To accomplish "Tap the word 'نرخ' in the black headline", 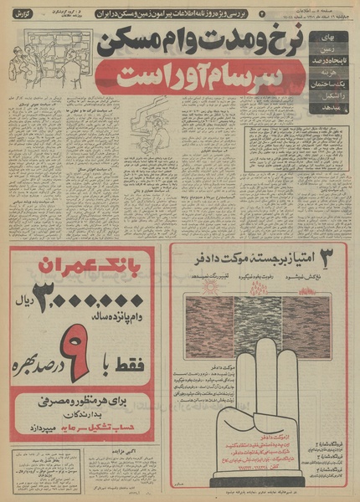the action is click(277, 44).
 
